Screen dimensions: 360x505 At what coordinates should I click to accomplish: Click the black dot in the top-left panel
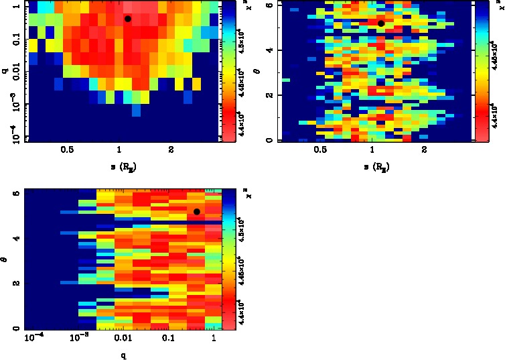pos(127,19)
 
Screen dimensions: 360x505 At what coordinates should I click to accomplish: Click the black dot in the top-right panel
pos(380,23)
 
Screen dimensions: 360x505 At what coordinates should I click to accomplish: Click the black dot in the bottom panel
pos(197,212)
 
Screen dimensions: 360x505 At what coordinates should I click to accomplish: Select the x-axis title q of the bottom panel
pos(123,355)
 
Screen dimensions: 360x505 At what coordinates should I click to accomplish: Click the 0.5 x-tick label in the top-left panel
pos(67,150)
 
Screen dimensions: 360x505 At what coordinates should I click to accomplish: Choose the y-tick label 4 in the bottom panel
pos(15,238)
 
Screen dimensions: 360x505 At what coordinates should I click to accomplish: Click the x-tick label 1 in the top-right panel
pos(372,150)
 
